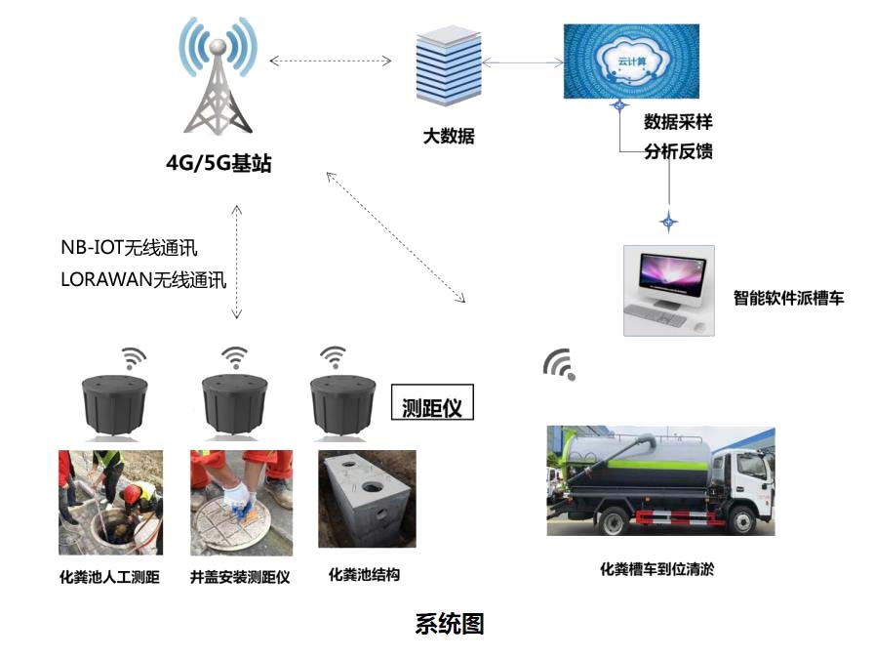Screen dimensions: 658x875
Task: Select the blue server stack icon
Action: click(448, 66)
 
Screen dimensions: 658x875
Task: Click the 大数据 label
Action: click(449, 137)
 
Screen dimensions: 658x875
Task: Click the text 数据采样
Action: click(678, 123)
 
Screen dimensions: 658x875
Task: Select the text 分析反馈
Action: click(678, 151)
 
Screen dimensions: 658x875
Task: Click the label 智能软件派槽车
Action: click(788, 298)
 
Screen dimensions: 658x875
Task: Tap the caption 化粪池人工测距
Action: click(109, 577)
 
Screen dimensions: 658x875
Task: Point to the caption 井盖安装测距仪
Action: click(240, 577)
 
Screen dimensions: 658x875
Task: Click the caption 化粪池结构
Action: click(364, 574)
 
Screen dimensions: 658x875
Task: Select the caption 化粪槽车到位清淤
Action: click(656, 568)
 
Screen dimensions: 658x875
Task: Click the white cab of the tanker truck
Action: click(745, 482)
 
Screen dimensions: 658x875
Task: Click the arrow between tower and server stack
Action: click(331, 61)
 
